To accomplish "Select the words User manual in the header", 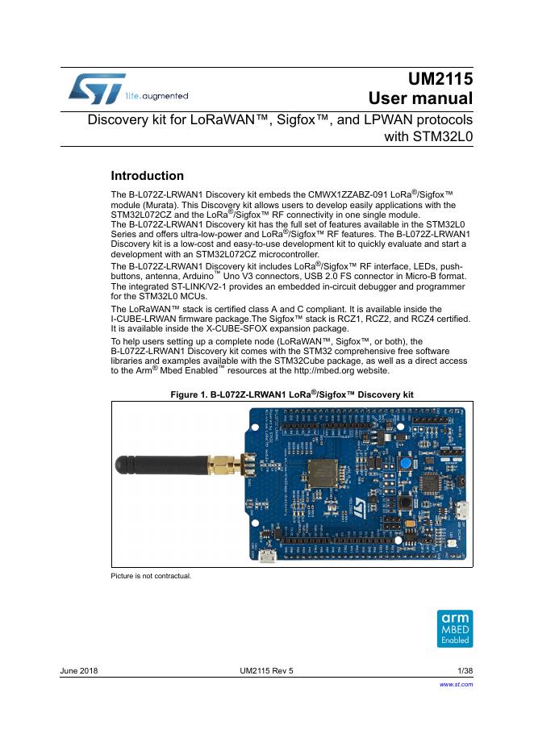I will (419, 100).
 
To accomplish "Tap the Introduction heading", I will (147, 176).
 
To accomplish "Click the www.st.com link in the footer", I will (455, 684).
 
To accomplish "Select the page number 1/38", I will (465, 671).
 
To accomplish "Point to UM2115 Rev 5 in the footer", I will (267, 671).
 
